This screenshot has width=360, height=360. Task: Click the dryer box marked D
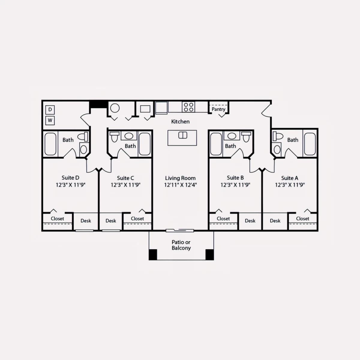coord(50,110)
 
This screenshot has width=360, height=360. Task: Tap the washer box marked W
coord(50,121)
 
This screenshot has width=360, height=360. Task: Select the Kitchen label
coord(180,121)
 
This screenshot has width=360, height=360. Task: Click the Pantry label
coord(218,109)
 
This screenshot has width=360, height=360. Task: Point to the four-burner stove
coord(188,107)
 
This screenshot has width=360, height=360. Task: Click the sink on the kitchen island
coord(183,135)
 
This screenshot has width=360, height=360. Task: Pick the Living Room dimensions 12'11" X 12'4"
coord(181,185)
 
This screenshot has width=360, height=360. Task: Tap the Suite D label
coord(70,178)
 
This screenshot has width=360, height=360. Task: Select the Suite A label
coord(289,178)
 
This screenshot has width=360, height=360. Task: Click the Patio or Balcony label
coord(181,245)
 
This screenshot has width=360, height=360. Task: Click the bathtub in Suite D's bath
coord(50,144)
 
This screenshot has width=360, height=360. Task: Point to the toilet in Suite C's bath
coord(114,137)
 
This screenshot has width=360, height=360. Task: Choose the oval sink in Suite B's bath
coord(232,136)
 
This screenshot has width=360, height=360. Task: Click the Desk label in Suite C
coord(111,221)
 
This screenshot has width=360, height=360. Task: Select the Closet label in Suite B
coord(223,219)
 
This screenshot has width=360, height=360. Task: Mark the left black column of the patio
coord(153,255)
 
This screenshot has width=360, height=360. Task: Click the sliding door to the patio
coord(180,231)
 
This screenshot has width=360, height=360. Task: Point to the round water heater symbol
coord(115,108)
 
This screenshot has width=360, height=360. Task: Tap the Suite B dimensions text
coord(235,185)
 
